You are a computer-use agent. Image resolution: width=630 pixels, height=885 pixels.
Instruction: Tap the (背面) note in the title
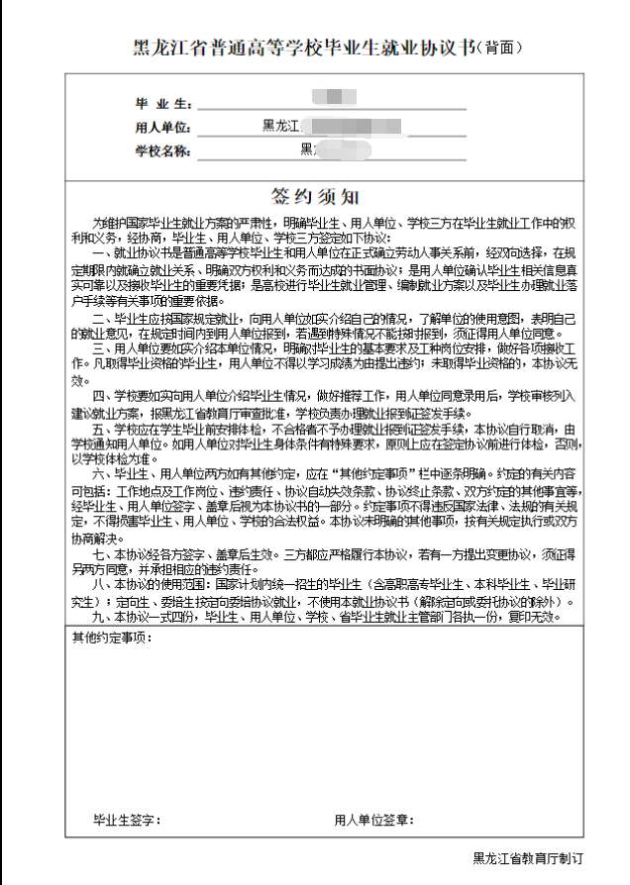pos(499,48)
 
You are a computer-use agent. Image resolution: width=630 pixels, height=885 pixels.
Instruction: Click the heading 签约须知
pos(315,196)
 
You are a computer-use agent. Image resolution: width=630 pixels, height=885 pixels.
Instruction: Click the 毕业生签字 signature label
pos(128,821)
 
